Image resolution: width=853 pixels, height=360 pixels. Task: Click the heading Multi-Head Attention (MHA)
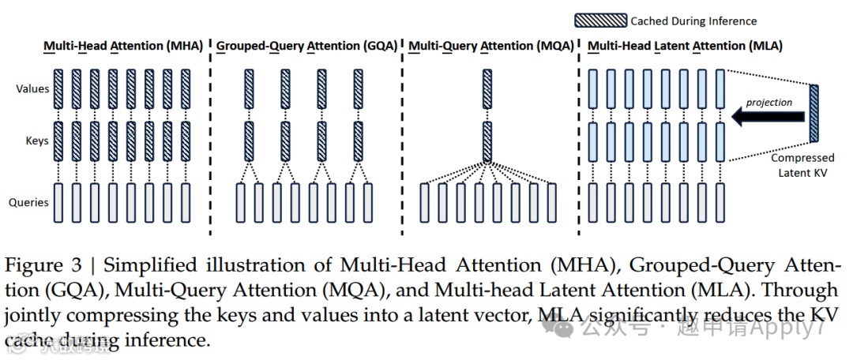pyautogui.click(x=122, y=46)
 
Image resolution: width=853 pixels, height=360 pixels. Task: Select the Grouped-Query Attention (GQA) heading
pyautogui.click(x=306, y=46)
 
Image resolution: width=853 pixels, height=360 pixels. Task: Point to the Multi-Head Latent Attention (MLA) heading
pyautogui.click(x=685, y=46)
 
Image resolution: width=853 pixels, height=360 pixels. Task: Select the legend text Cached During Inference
pyautogui.click(x=693, y=21)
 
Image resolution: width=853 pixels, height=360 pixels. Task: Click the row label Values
pyautogui.click(x=32, y=89)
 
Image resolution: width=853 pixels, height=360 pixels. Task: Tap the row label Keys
pyautogui.click(x=36, y=141)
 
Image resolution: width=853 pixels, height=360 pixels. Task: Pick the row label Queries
pyautogui.click(x=29, y=202)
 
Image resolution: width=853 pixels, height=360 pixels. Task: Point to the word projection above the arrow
pyautogui.click(x=768, y=102)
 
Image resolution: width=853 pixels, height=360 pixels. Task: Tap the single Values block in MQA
pyautogui.click(x=487, y=88)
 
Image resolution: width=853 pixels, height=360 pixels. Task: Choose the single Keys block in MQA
pyautogui.click(x=487, y=141)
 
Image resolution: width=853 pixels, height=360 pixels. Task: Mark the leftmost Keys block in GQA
pyautogui.click(x=249, y=141)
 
